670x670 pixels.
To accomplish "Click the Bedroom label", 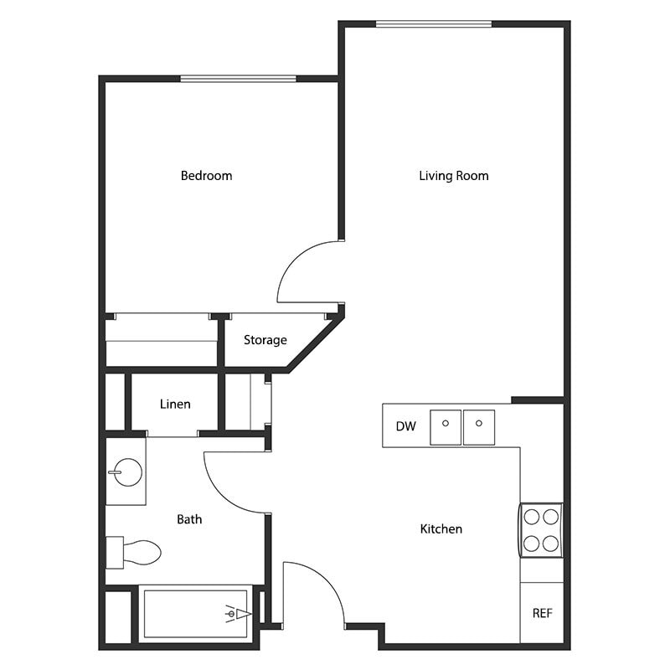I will click(x=206, y=176).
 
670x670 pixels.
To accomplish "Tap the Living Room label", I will click(x=453, y=176).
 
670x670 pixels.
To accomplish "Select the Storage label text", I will click(x=265, y=340).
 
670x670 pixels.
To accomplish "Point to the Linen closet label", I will click(x=175, y=404).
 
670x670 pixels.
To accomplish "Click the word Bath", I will click(x=189, y=519).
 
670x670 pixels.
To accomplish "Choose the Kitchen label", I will click(x=441, y=529).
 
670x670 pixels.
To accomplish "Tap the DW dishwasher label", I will click(x=405, y=426).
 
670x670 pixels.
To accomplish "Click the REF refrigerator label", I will click(x=542, y=613).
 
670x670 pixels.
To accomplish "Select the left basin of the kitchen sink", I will click(x=446, y=427).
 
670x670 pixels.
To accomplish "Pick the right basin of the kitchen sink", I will click(x=479, y=427).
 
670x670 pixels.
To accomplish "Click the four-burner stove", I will click(x=541, y=529).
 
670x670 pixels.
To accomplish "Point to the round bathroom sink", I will click(x=124, y=473).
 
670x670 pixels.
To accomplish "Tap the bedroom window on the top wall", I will click(x=239, y=79).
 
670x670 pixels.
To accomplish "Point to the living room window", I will click(x=433, y=23).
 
